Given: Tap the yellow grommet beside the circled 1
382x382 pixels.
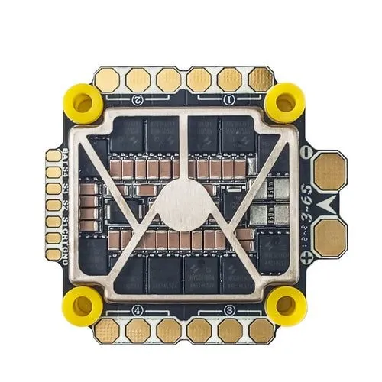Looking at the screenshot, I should (286, 99).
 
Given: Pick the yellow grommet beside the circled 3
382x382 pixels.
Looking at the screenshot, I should (286, 306).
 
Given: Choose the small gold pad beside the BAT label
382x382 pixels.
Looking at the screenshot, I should (53, 156).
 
